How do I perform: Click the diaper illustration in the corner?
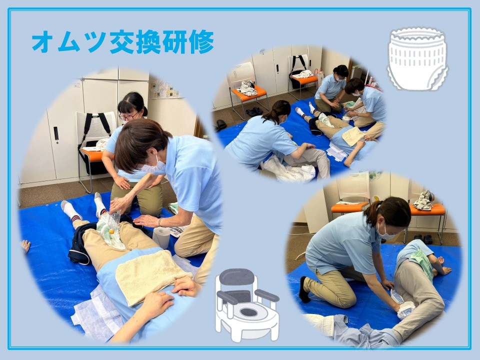417,59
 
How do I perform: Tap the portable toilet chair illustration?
246,305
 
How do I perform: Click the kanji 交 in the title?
121,41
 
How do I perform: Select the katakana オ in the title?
43,41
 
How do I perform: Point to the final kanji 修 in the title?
201,41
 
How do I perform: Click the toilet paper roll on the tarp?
161,237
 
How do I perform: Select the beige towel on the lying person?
152,275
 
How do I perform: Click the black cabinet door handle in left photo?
56,135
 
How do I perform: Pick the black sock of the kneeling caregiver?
303,289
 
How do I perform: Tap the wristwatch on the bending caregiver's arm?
159,221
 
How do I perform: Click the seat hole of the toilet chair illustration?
248,312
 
